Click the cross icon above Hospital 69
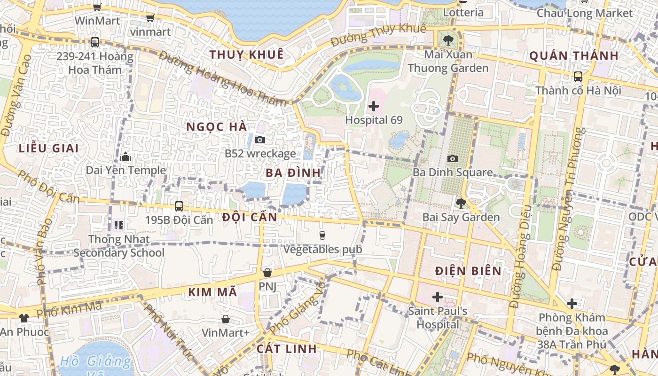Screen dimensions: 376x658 point(374,106)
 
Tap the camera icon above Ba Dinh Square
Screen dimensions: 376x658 point(453,159)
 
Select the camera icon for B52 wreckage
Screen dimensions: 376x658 point(260,140)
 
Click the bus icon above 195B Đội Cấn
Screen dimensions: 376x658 point(179,206)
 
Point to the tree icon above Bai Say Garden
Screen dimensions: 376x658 point(461,204)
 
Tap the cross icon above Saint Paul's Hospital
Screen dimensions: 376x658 point(438,297)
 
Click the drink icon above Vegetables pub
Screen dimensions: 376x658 point(322,235)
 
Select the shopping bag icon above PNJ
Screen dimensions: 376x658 point(267,273)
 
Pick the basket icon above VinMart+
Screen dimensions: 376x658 point(226,319)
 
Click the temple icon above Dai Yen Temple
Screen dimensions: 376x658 point(125,157)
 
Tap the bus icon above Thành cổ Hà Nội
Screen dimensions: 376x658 point(578,76)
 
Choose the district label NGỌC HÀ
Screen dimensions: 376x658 point(217,127)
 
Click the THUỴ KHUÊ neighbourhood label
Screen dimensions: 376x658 point(247,55)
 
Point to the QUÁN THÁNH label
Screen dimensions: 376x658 point(574,56)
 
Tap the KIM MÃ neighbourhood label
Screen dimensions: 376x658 point(212,292)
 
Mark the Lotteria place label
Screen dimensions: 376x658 point(463,12)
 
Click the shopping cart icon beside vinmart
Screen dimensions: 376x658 point(150,18)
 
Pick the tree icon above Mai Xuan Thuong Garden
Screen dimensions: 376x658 point(448,40)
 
